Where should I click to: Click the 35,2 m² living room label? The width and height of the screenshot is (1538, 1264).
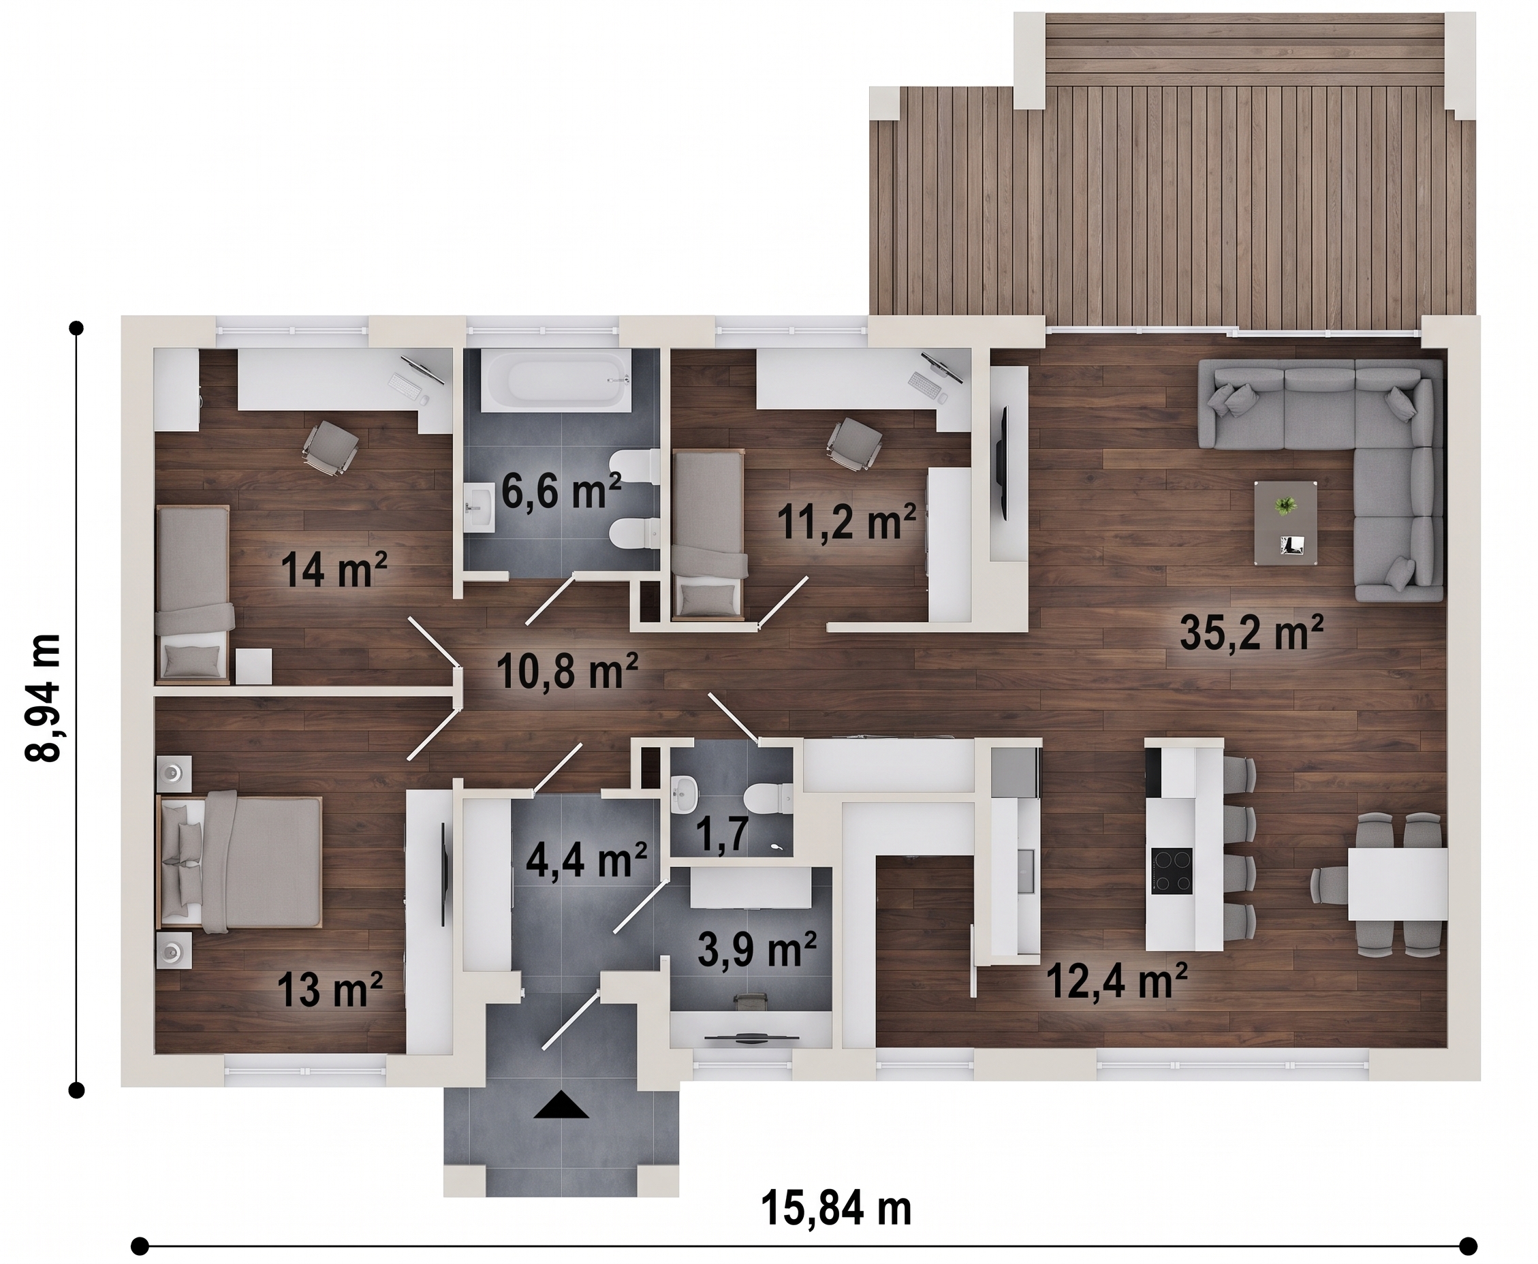click(x=1251, y=632)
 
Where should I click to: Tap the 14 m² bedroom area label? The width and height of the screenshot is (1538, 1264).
click(x=334, y=569)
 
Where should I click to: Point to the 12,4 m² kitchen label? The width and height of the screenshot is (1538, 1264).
click(x=1117, y=981)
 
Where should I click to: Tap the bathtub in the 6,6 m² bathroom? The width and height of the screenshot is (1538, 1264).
click(x=557, y=380)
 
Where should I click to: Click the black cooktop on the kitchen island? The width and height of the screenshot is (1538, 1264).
click(x=1172, y=870)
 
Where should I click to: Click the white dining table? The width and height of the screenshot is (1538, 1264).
click(x=1398, y=884)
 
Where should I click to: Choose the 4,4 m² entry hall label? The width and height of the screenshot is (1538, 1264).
click(x=586, y=860)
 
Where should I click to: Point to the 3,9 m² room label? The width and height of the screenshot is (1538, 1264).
click(x=757, y=948)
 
